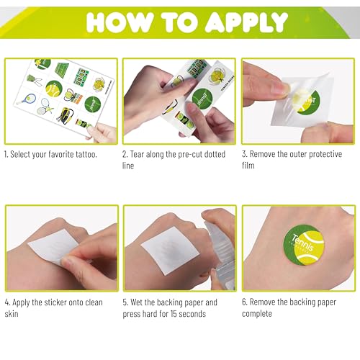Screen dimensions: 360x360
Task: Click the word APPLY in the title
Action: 247,22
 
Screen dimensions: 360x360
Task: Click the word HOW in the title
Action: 120,22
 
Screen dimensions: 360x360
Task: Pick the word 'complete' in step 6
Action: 257,314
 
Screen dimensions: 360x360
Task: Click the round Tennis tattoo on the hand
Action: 304,245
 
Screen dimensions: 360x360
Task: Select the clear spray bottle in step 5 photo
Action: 221,257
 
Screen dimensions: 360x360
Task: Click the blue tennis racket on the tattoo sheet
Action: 27,99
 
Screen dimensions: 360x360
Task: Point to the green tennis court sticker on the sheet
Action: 62,69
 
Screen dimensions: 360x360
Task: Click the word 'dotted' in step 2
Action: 215,154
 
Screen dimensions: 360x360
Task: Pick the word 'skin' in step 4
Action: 12,314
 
